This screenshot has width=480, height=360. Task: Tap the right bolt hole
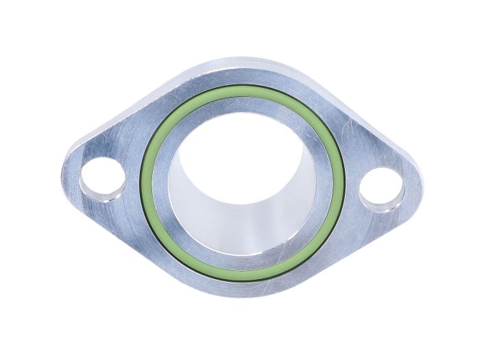[x=379, y=187]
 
